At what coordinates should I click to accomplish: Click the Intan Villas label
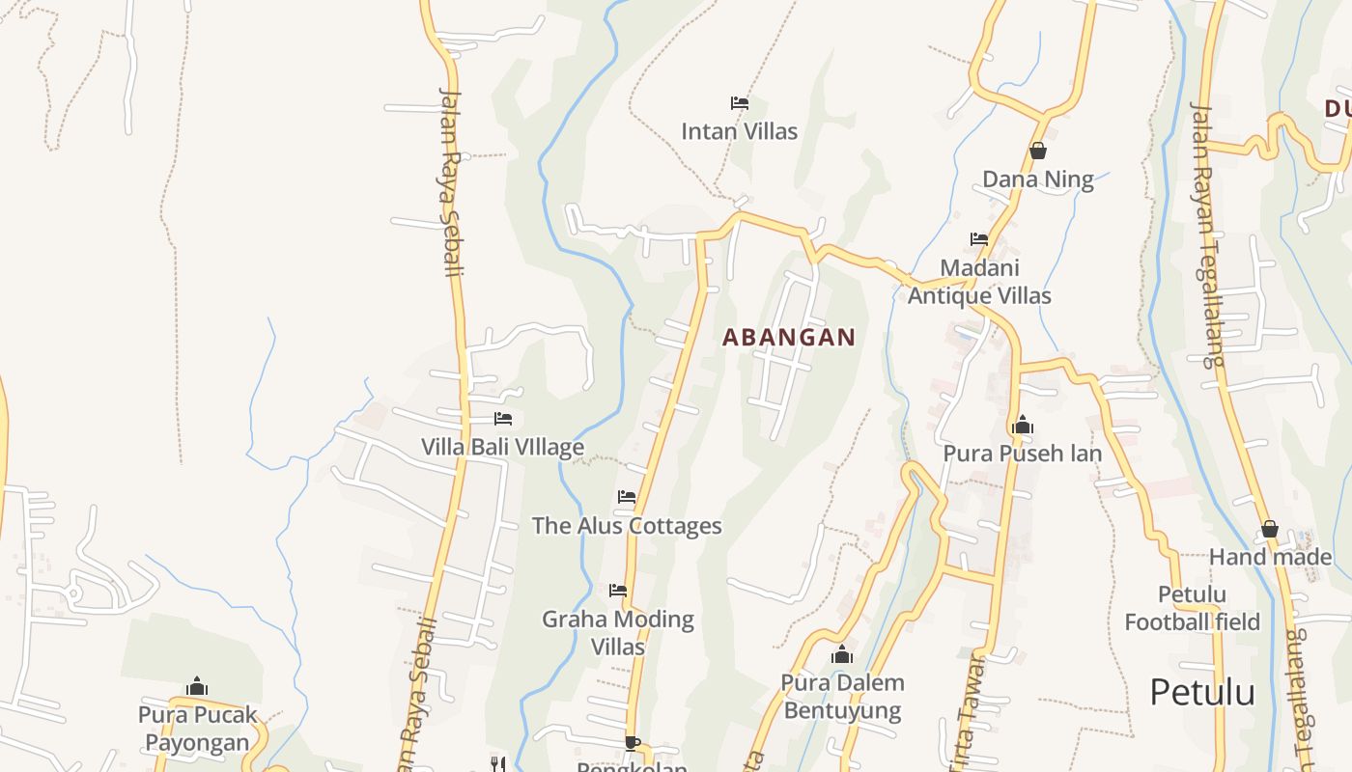(739, 131)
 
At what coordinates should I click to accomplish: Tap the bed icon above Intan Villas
(740, 102)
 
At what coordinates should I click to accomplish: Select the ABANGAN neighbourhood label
(789, 337)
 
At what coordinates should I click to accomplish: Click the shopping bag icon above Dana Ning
(1038, 151)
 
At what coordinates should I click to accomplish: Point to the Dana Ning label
(1038, 179)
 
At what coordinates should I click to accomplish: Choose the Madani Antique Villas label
(979, 282)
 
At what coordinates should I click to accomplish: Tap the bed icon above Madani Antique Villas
(979, 238)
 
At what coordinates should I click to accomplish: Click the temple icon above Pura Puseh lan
(1023, 425)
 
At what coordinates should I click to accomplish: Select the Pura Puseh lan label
(1023, 454)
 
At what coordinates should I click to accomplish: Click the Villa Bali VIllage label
(502, 448)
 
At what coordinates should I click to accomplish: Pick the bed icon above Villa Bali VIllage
(503, 419)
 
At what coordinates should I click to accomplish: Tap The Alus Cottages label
(627, 526)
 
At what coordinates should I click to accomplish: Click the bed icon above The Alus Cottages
(627, 497)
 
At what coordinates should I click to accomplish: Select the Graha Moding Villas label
(618, 632)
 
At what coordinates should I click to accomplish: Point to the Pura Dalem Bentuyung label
(842, 697)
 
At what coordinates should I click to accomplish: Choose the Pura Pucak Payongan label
(198, 729)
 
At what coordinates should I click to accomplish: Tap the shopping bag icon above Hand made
(1270, 529)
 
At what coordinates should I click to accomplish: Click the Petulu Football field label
(1192, 608)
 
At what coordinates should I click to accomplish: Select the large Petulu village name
(1202, 693)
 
